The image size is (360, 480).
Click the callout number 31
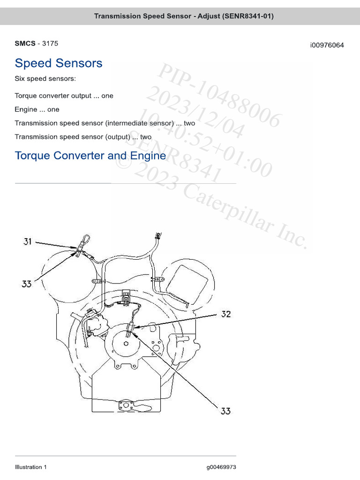coord(28,242)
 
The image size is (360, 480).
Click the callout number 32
coord(226,314)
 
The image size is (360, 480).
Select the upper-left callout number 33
coord(27,284)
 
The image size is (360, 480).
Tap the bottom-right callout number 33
coord(225,411)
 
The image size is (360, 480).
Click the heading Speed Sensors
coord(59,63)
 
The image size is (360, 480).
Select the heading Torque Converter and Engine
coord(90,156)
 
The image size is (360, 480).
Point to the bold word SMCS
coord(25,44)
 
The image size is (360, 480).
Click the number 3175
coord(50,44)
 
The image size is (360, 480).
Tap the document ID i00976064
coord(327,45)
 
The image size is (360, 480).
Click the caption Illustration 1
coord(31,467)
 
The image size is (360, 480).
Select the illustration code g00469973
coord(221,467)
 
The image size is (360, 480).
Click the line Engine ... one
coord(37,109)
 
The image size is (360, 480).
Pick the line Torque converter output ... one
coord(64,96)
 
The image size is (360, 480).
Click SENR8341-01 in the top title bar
coord(248,16)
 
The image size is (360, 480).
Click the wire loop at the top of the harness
coord(85,241)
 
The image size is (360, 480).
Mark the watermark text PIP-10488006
coord(219,96)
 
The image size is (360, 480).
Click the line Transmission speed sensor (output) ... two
coord(83,137)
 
